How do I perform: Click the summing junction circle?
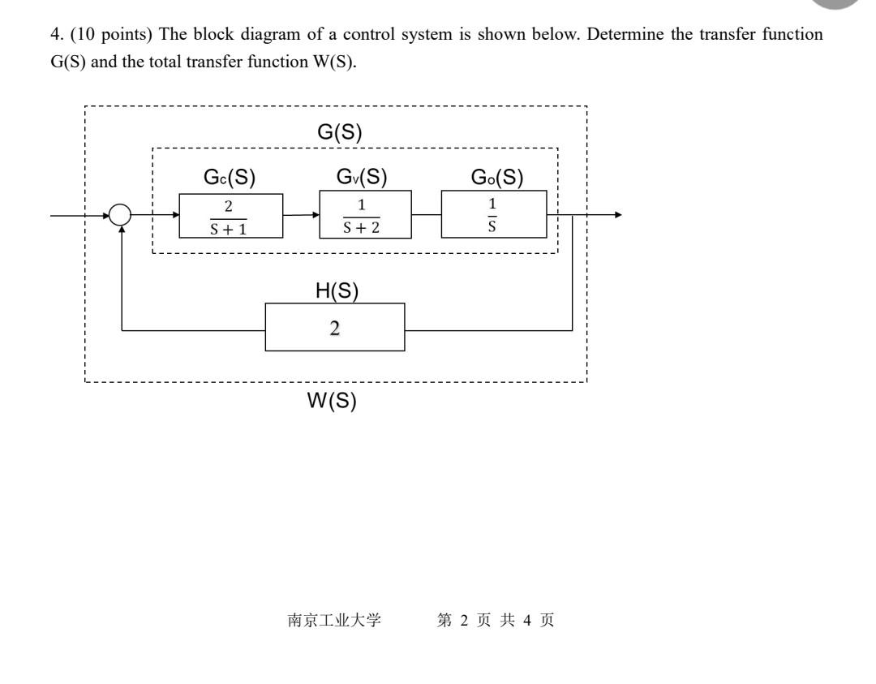click(120, 215)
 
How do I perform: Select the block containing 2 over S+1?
click(231, 215)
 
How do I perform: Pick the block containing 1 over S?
click(494, 215)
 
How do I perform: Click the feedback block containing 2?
click(335, 328)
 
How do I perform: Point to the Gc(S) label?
click(229, 177)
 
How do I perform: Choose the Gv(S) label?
click(362, 177)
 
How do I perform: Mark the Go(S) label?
click(496, 177)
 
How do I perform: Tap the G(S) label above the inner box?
click(339, 132)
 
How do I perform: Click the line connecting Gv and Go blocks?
click(427, 215)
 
